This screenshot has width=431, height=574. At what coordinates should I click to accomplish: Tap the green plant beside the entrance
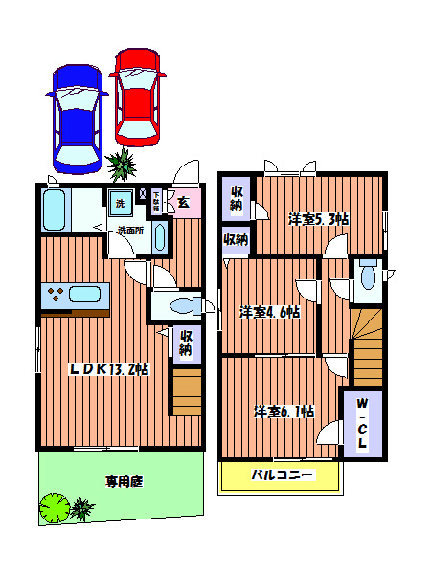(123, 166)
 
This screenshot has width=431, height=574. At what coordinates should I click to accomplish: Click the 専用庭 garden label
(124, 482)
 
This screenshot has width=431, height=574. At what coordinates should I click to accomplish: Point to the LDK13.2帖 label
(107, 370)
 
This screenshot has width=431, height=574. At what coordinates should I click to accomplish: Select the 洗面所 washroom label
(130, 231)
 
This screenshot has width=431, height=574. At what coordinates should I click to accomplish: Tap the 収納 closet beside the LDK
(186, 342)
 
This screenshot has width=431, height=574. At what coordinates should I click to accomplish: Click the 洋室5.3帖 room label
(319, 218)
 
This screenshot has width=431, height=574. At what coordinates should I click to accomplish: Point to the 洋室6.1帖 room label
(284, 411)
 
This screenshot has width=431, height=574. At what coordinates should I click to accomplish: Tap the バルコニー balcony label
(282, 475)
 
